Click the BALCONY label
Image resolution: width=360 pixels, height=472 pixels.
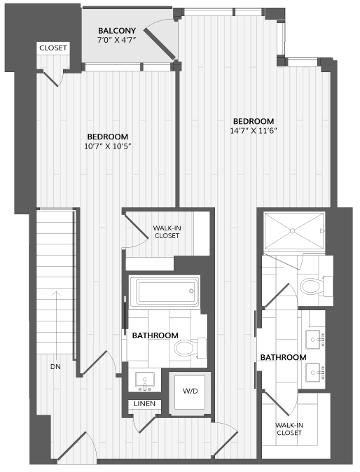pos(117,31)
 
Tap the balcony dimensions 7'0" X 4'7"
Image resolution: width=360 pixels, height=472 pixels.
pos(117,40)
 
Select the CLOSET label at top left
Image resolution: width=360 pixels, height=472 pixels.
pos(53,48)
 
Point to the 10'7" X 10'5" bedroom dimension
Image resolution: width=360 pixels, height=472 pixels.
pos(108,146)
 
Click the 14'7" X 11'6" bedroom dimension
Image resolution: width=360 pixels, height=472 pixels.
pos(254,131)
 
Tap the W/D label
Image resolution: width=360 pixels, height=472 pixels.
pos(191,391)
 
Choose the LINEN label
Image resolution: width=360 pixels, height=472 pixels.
pos(144,403)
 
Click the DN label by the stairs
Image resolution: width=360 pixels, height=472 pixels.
pos(55,367)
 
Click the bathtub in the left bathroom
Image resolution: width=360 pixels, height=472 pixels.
pos(165,291)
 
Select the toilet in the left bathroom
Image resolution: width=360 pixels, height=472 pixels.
pos(190,348)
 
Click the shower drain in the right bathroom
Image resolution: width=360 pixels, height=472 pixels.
pos(292,231)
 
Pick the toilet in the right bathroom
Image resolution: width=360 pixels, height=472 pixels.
pos(316,286)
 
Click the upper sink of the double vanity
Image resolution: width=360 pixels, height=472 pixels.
pos(315,340)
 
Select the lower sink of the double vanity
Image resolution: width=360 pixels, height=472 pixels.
pos(315,373)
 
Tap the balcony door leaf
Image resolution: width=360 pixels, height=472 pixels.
pos(159,44)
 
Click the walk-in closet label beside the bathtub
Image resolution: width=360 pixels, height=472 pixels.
pos(167,232)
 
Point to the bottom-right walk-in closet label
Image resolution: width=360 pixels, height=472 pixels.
pos(289,429)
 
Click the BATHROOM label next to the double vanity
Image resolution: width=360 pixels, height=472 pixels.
pos(283,357)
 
